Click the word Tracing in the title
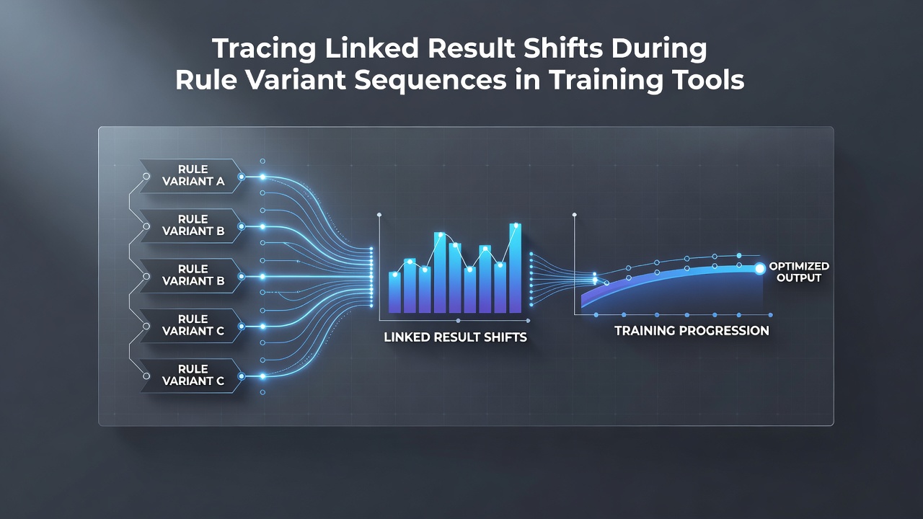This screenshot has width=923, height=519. click(264, 48)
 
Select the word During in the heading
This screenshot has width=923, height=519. click(659, 48)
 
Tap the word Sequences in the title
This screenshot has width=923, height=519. click(430, 80)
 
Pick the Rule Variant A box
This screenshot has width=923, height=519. click(191, 176)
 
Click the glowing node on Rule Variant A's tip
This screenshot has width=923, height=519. click(242, 177)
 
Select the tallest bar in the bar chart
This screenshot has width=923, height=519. click(516, 268)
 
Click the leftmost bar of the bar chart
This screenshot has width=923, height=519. click(394, 292)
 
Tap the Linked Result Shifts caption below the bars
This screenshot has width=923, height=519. click(455, 337)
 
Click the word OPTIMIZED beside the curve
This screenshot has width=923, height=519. click(799, 266)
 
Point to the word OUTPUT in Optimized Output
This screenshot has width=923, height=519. click(799, 278)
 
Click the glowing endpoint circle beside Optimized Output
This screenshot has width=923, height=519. click(759, 269)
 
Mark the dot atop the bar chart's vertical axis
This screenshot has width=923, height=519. click(379, 215)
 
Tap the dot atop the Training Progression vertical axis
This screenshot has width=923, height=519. click(575, 215)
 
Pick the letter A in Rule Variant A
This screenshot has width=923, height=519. click(221, 182)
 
